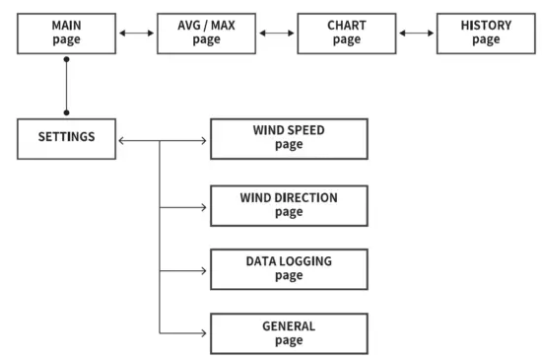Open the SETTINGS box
(66, 138)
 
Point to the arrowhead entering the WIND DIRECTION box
(204, 206)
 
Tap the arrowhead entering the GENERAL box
(204, 333)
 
